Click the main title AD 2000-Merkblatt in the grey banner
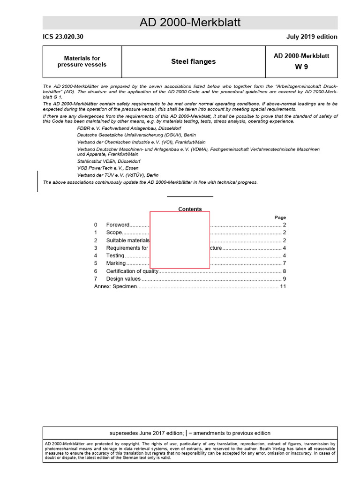(190, 22)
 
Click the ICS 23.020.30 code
(63, 37)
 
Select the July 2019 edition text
(312, 37)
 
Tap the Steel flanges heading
(193, 61)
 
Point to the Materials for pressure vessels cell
(82, 61)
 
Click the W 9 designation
(301, 67)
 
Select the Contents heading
(190, 210)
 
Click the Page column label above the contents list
(280, 217)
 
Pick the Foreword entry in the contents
(118, 225)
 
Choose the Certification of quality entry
(132, 271)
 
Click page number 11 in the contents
(283, 286)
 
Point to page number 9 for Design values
(284, 279)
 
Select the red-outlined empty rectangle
(180, 240)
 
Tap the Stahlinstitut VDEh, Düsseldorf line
(109, 161)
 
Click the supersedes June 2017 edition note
(190, 433)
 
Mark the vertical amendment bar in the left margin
(38, 181)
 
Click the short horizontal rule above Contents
(190, 196)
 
